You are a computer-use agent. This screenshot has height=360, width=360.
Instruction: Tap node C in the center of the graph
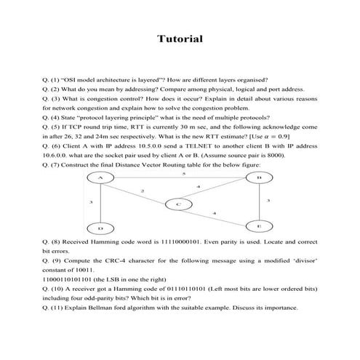178,204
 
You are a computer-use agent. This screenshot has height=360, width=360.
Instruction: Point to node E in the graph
258,226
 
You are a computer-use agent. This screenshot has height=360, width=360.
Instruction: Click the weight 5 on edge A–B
183,174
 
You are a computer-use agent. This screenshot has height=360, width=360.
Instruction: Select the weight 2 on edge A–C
142,191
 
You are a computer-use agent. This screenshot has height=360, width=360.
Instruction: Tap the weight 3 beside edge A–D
91,201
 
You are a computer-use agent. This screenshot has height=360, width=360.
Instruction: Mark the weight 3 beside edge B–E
268,200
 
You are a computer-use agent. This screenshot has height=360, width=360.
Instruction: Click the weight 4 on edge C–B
198,187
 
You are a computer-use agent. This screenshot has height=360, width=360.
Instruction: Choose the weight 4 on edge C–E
213,212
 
